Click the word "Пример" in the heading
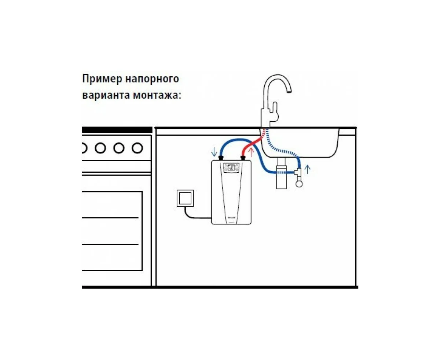[102, 79]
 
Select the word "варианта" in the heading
[106, 95]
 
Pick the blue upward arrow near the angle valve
[308, 169]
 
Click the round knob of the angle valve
[299, 183]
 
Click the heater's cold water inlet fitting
[221, 158]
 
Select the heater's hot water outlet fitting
[242, 158]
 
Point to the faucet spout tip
[289, 92]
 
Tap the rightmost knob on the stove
[137, 148]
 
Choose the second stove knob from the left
[100, 148]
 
